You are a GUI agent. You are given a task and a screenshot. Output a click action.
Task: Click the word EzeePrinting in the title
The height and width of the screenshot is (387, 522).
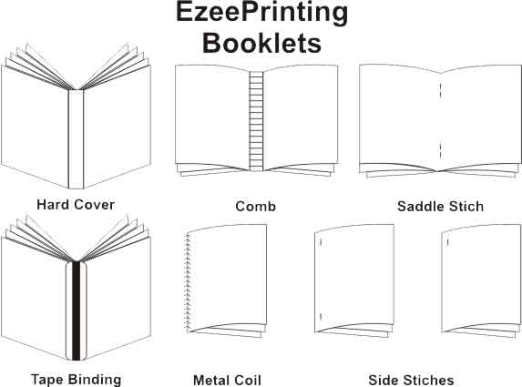coord(261,14)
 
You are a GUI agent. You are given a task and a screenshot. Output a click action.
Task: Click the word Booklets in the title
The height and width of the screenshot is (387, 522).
coord(261,43)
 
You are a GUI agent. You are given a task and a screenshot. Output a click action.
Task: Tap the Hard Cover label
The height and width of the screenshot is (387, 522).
coord(76,205)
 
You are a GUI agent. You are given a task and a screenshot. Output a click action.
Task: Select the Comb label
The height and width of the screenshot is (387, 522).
coord(255,206)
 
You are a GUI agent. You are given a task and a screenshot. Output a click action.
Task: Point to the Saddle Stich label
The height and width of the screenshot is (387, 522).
coord(440,206)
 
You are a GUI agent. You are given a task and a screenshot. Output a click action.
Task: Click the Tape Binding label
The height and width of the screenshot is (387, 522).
coord(76,380)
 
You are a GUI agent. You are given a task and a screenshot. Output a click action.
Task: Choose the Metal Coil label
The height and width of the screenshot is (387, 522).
coord(227,380)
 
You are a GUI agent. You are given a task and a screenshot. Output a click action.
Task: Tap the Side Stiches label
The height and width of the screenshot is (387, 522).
coord(411,380)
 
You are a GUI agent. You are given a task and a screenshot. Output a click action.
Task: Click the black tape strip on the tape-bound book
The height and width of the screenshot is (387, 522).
coord(77,311)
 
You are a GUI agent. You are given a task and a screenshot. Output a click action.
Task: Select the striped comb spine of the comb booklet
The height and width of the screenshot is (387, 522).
coord(256,121)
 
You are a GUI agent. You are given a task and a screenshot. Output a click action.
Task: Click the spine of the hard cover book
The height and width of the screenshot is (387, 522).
coord(76,139)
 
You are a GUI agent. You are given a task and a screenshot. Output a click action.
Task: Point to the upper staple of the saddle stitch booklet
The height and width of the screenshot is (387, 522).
coord(440,90)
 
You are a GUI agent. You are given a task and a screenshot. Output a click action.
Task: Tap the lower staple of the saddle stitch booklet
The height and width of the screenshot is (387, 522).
coord(440,151)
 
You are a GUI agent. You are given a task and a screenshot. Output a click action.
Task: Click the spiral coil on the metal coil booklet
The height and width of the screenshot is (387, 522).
coord(188,282)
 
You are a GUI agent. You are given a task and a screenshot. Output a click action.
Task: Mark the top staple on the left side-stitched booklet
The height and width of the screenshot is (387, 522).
coord(321,242)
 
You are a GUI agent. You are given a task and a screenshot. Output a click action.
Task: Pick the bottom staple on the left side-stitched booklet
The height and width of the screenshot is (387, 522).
coord(321,316)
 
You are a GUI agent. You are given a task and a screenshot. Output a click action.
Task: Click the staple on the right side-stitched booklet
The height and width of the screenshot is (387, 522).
coord(448,242)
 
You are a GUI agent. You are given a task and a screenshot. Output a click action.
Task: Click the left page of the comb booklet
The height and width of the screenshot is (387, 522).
coord(212,117)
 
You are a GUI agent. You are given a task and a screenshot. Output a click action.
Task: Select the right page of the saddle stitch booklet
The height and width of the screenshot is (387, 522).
coord(480,117)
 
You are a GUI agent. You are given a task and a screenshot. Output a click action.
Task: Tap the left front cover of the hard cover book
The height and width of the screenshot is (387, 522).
coord(35,127)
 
